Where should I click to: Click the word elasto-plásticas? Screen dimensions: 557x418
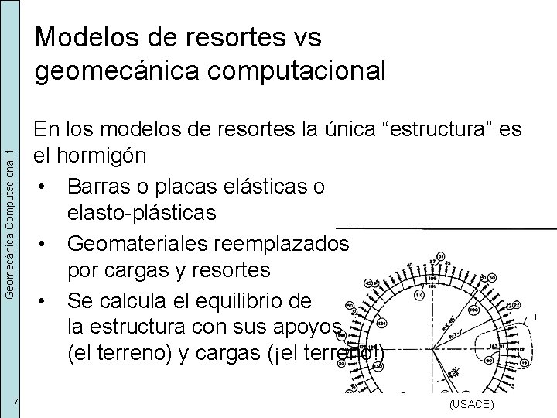coord(142,213)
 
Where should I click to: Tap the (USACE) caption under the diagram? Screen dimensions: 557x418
coord(471,405)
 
